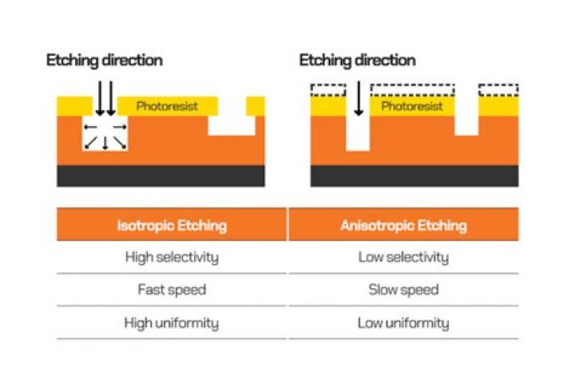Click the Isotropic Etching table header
pos(172,226)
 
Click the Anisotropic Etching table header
pos(403,226)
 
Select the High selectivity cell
pos(172,258)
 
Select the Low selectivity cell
pos(403,258)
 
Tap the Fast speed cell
pos(172,290)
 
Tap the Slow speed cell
pos(403,290)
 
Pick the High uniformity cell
pos(172,323)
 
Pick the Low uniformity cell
pos(403,323)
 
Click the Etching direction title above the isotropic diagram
pos(104,61)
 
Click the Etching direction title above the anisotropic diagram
pos(358,61)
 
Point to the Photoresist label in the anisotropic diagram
pos(411,106)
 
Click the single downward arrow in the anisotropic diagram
pos(359,97)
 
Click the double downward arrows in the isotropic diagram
pos(105,97)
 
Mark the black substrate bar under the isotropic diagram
pos(161,175)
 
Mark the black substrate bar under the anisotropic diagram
pos(414,175)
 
